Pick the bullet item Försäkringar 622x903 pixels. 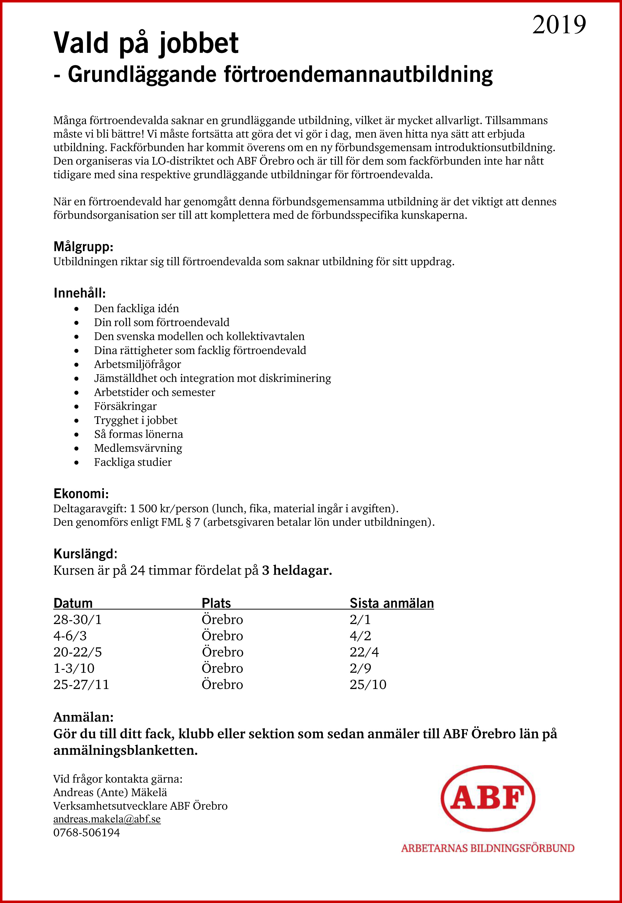point(125,406)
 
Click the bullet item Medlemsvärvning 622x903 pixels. point(138,448)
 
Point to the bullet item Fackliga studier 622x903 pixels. point(133,462)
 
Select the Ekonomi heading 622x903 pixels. point(81,494)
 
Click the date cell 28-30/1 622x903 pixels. point(77,620)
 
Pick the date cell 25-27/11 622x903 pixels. point(81,685)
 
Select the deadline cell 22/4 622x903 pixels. point(364,652)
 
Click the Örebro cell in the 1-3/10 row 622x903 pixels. point(222,669)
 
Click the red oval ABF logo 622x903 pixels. point(488,798)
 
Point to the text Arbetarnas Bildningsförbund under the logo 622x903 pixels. point(488,848)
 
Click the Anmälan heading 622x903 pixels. point(83,717)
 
